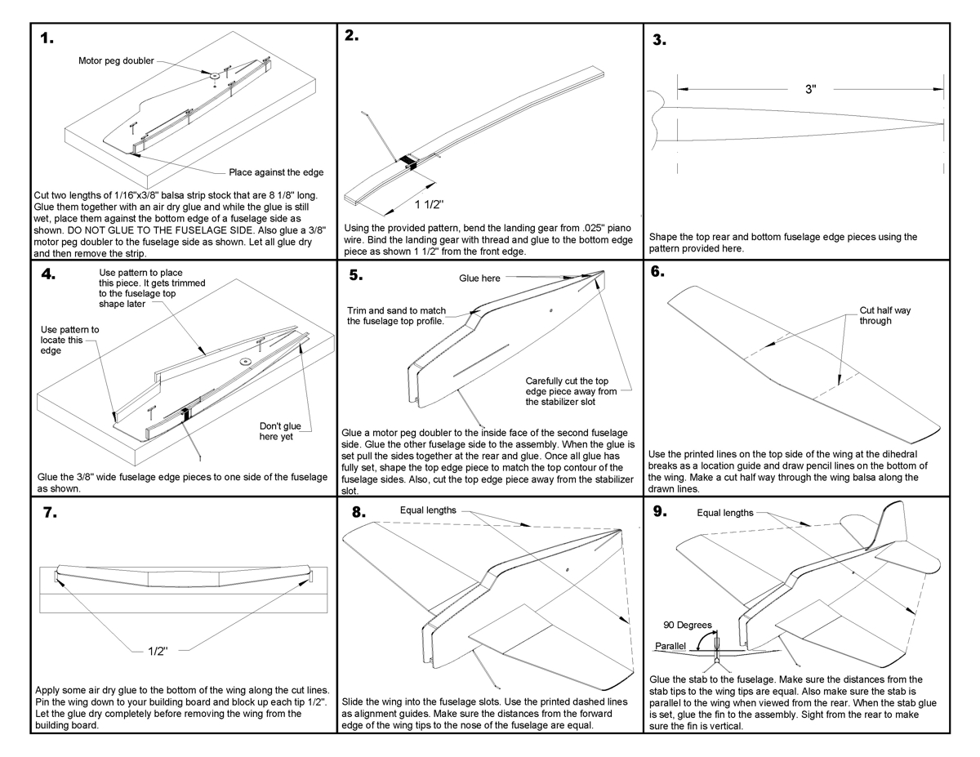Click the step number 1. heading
(x=47, y=39)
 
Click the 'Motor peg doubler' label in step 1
(x=115, y=60)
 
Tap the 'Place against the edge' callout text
(x=276, y=172)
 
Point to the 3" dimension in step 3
(x=809, y=89)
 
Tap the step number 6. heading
(x=658, y=273)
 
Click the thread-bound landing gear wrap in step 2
(x=408, y=161)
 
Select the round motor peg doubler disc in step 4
(x=243, y=360)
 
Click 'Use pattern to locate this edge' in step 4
(x=69, y=341)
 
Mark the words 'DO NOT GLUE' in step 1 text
(x=194, y=231)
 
